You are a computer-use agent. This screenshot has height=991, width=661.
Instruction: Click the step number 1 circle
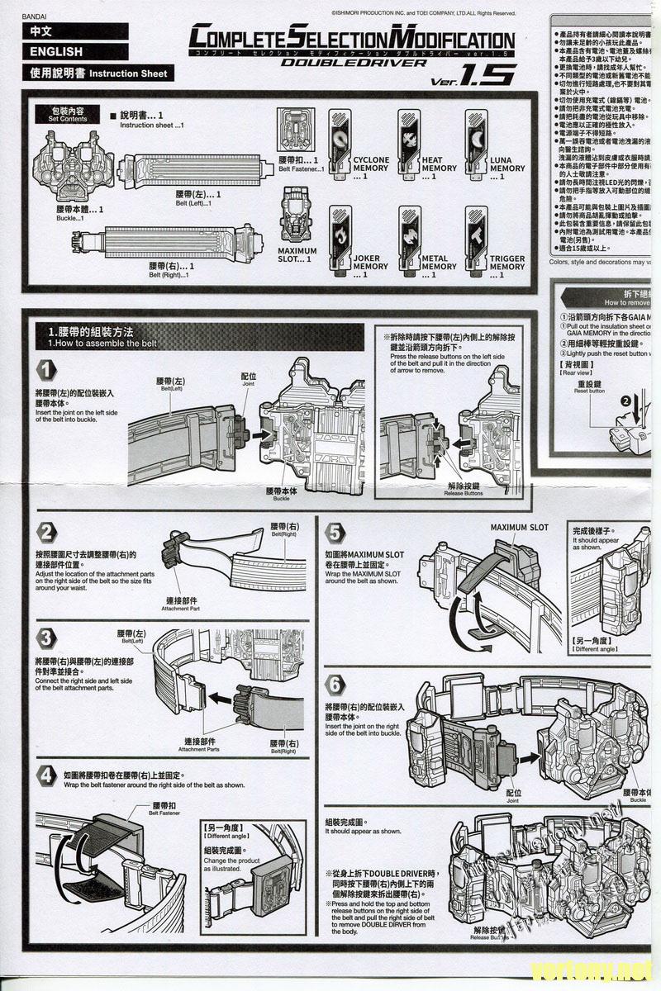point(46,369)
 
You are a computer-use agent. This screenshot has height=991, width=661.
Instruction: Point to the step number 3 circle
point(47,638)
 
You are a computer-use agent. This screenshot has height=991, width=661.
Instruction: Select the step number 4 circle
point(47,775)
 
